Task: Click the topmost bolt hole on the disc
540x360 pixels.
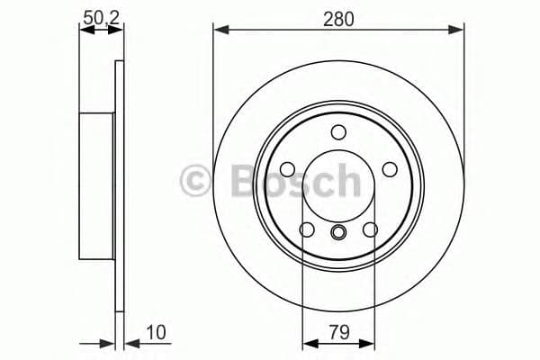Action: pyautogui.click(x=338, y=133)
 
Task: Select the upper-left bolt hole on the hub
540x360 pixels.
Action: pyautogui.click(x=287, y=169)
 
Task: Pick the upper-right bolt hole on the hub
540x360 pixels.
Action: pyautogui.click(x=390, y=169)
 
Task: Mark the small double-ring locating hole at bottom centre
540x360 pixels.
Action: pyautogui.click(x=338, y=235)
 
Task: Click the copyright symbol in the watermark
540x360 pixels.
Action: pyautogui.click(x=198, y=181)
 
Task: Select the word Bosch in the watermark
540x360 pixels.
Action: pyautogui.click(x=294, y=181)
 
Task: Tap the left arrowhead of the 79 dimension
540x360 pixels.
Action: pyautogui.click(x=308, y=343)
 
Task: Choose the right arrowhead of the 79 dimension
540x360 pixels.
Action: pyautogui.click(x=369, y=343)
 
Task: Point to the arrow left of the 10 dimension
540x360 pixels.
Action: pyautogui.click(x=108, y=343)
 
